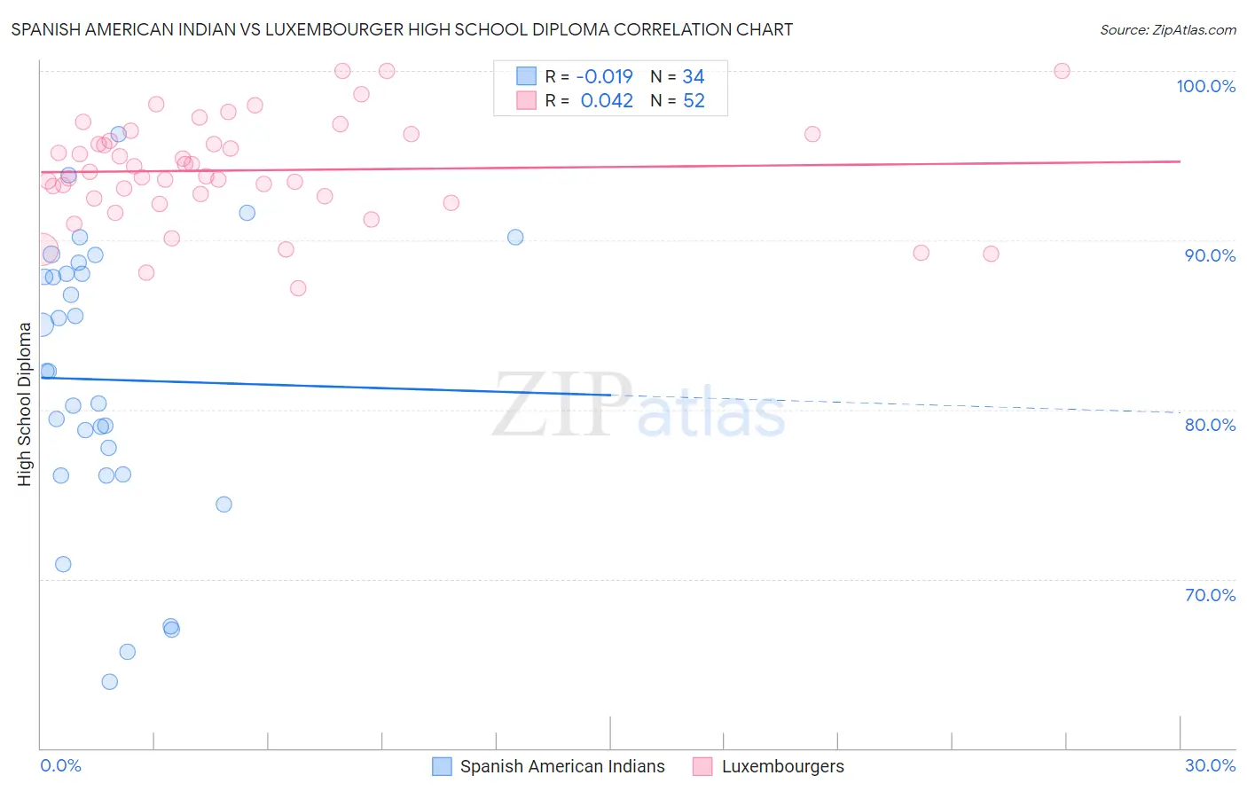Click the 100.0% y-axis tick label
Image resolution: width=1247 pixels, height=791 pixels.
pos(1205,86)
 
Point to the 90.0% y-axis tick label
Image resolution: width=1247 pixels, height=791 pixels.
pos(1210,255)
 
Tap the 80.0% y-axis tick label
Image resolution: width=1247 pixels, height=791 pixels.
pos(1210,425)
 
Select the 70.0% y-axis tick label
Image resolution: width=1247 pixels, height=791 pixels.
pos(1210,595)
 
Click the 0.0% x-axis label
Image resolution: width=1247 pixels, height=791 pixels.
pos(60,765)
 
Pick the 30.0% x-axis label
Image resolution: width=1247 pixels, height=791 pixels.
pos(1210,765)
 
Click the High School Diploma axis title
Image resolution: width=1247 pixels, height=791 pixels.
pos(25,403)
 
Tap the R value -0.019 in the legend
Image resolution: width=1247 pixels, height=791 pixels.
pos(604,77)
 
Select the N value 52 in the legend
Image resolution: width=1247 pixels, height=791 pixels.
pos(694,101)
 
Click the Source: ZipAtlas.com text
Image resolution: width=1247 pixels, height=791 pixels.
pos(1167,30)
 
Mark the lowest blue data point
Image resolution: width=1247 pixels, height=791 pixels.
pos(110,682)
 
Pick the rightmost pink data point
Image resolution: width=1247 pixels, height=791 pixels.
pos(1062,71)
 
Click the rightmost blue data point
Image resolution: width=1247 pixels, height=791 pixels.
pos(515,238)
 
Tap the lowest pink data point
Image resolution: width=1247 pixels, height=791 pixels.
pos(298,288)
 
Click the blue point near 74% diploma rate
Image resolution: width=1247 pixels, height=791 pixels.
pos(224,505)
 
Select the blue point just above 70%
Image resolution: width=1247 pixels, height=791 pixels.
pos(63,564)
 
